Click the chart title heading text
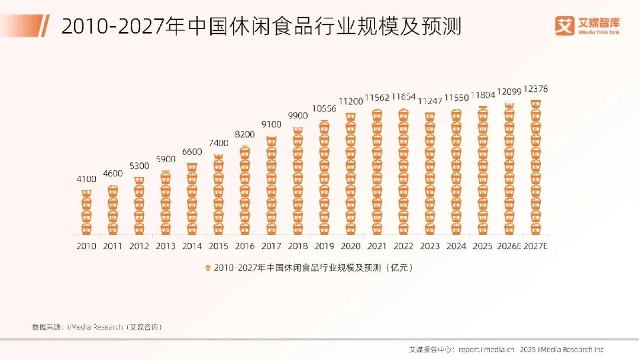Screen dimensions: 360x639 (x=261, y=27)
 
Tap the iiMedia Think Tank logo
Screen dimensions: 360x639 (x=587, y=25)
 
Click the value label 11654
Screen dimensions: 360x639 (x=404, y=97)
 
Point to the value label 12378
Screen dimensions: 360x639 (x=535, y=89)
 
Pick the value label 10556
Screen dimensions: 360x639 (x=324, y=109)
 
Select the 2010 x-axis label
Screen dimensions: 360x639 (x=86, y=246)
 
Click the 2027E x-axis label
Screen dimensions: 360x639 (x=535, y=246)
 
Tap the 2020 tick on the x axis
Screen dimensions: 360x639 (x=351, y=246)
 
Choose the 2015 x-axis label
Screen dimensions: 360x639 (x=218, y=246)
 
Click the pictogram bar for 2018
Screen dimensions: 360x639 (x=298, y=181)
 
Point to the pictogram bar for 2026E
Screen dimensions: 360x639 (x=509, y=169)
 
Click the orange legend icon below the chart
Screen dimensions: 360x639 (x=208, y=268)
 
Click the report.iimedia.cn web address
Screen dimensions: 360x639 (x=486, y=349)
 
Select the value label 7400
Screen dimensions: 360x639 (x=218, y=143)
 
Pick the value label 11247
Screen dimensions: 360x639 (x=430, y=101)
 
